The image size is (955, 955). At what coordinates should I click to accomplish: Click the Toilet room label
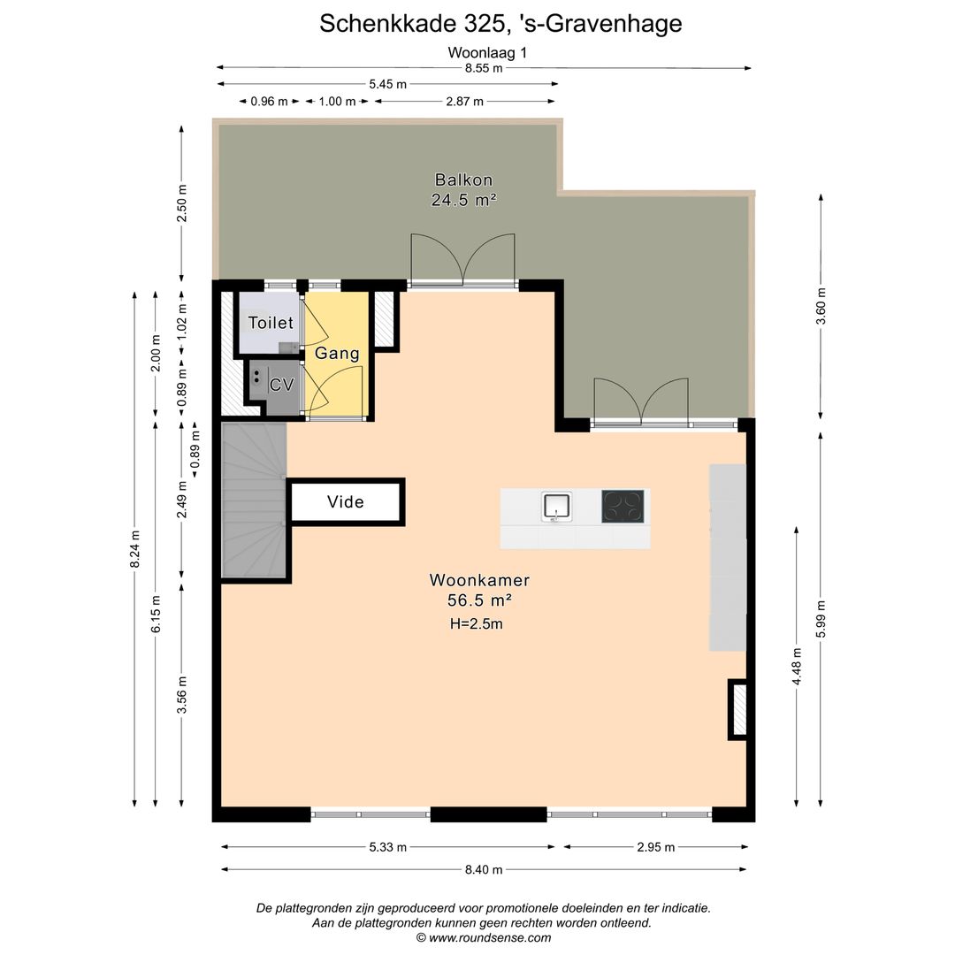point(270,323)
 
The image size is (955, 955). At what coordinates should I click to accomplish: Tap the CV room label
point(281,385)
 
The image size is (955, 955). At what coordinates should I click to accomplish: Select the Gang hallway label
point(337,354)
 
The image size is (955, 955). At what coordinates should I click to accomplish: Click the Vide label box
point(346,502)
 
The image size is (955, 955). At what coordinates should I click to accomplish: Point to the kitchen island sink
point(557,506)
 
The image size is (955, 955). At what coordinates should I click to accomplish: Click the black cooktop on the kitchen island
point(623,506)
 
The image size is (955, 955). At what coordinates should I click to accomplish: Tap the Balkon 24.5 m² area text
point(463,189)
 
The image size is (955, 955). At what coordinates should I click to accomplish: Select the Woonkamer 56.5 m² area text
point(480,591)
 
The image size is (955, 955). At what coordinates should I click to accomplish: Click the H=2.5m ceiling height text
point(476,623)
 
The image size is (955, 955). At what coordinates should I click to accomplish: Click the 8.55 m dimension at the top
point(484,68)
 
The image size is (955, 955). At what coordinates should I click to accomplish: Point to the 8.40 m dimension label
point(484,869)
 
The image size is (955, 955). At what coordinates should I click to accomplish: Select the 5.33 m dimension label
point(388,847)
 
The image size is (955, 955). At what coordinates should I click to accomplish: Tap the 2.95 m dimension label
point(655,847)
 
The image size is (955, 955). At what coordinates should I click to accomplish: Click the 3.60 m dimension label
point(821,307)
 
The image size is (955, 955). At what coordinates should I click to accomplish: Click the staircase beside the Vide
point(254,501)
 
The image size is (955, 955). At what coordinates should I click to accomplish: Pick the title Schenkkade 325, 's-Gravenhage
point(500,23)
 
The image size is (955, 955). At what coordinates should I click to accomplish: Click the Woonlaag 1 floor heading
point(487,52)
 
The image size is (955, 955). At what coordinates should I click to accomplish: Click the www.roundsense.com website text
point(483,938)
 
